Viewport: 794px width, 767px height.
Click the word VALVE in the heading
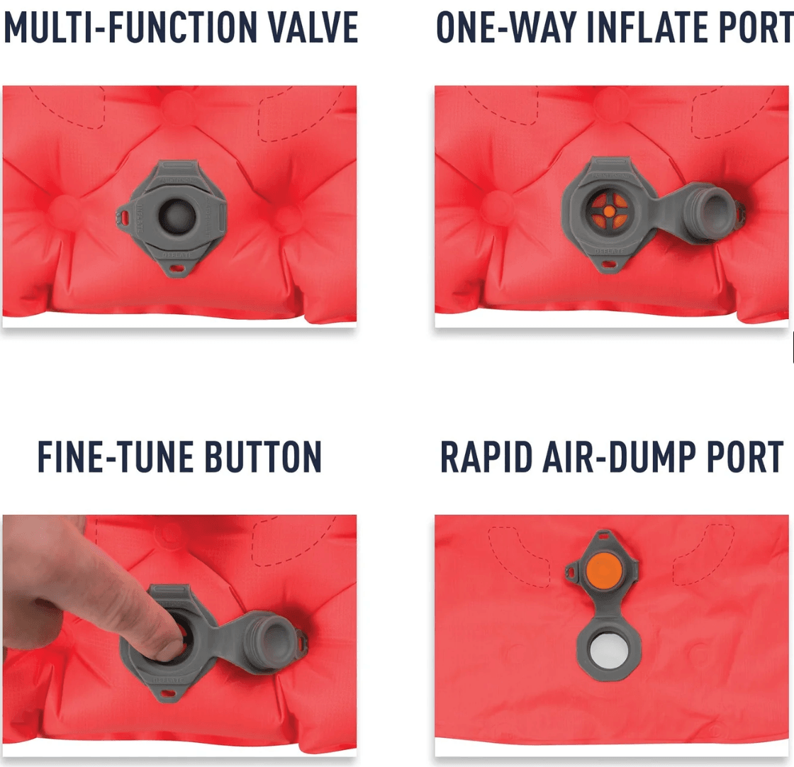click(x=313, y=28)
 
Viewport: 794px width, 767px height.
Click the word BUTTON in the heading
click(x=263, y=457)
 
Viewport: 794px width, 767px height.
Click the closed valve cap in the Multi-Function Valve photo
click(x=177, y=216)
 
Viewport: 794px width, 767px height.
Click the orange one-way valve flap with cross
click(x=609, y=211)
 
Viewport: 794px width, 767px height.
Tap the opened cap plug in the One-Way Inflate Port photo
click(x=712, y=212)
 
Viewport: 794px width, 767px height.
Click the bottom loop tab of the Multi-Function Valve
click(x=177, y=269)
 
